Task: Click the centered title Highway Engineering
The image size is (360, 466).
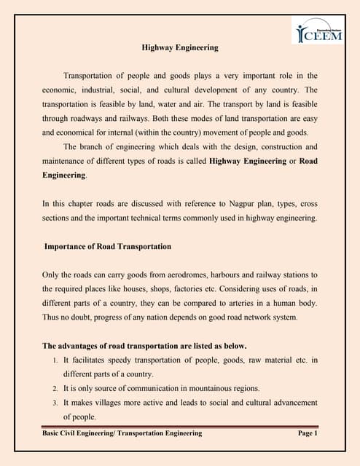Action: (x=179, y=48)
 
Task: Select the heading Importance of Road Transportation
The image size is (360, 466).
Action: (x=108, y=247)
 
